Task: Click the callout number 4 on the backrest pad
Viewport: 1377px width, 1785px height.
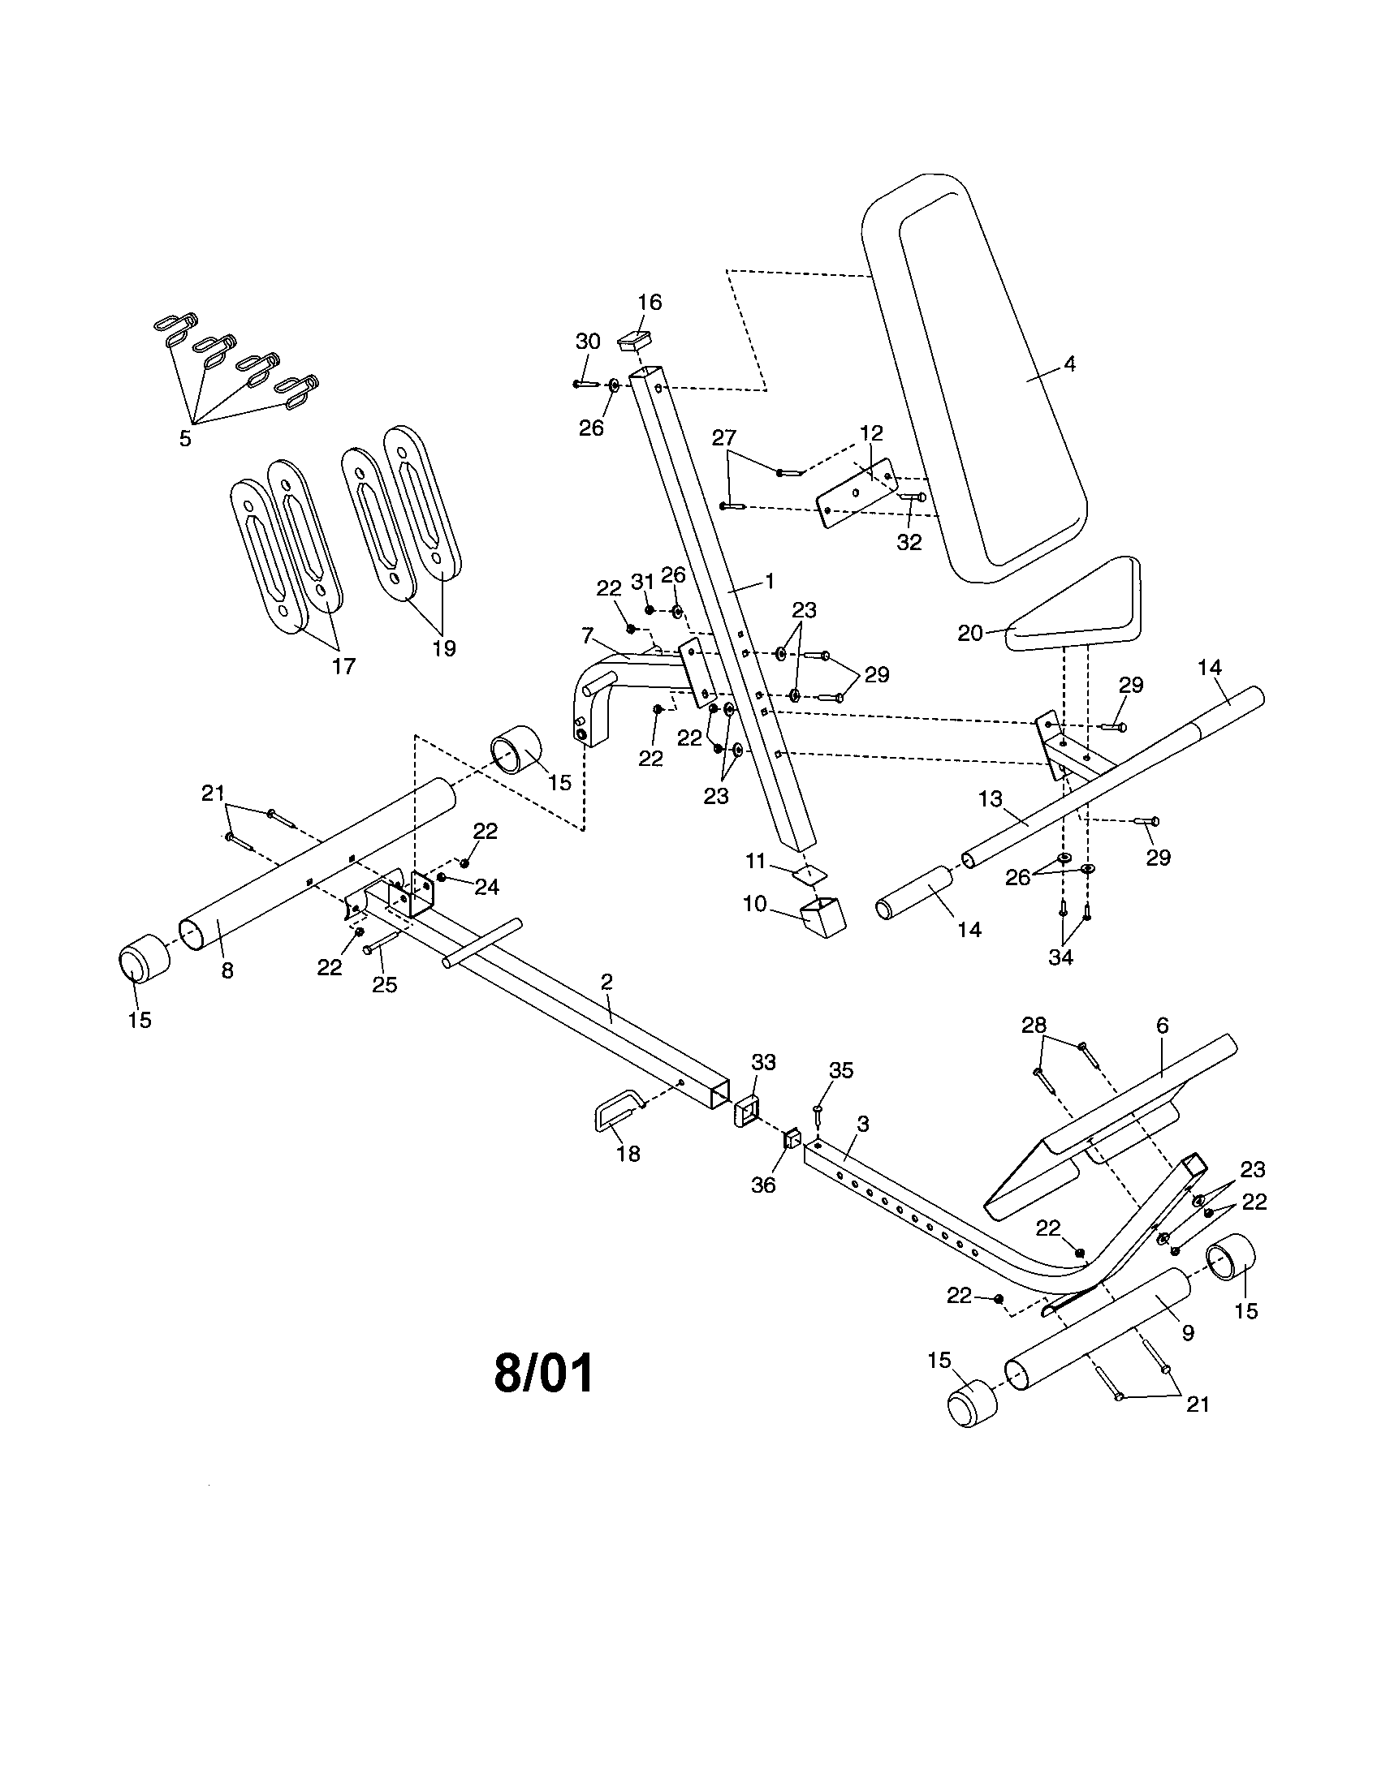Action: click(x=1069, y=364)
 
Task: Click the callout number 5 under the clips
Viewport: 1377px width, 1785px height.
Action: click(x=186, y=439)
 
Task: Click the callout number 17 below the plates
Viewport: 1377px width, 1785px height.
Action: click(x=343, y=666)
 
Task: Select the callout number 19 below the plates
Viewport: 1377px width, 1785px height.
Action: click(x=444, y=648)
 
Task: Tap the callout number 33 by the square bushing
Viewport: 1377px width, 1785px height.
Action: click(x=763, y=1063)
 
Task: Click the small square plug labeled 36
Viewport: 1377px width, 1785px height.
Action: click(x=790, y=1138)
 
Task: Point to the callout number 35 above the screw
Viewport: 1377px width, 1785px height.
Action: click(x=840, y=1071)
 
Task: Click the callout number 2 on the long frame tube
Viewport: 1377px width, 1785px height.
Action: click(x=606, y=982)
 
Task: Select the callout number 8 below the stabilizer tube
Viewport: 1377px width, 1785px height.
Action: click(x=227, y=970)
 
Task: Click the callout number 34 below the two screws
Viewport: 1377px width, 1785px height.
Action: click(x=1060, y=958)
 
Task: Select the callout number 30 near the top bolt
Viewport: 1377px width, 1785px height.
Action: click(x=588, y=342)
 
